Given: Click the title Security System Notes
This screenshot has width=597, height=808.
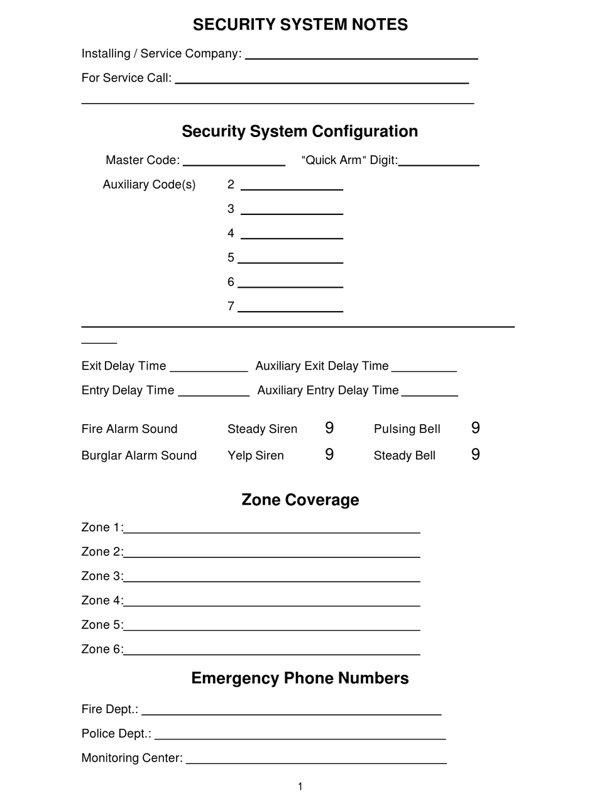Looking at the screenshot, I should coord(300,25).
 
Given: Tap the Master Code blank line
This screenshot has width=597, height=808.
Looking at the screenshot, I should coord(234,164).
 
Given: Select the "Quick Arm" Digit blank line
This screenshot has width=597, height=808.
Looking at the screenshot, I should coord(439,164).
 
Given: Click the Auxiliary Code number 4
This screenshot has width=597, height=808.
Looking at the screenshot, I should coord(231,233).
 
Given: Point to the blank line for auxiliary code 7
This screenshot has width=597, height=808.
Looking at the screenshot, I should coord(290,310).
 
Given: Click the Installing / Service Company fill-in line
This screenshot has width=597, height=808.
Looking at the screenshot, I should coord(361,57).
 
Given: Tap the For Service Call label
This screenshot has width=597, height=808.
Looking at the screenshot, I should coord(126,78).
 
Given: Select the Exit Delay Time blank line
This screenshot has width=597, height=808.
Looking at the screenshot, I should coord(209,370).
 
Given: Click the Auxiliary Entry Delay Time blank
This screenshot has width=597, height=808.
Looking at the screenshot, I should coord(429,395).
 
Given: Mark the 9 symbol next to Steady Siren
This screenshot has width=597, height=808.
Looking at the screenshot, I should coord(329,428).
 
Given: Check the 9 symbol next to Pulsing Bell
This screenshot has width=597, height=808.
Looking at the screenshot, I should coord(475,428).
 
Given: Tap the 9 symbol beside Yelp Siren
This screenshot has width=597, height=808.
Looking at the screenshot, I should coord(329,454).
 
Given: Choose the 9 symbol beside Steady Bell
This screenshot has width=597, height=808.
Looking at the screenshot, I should coord(475,454).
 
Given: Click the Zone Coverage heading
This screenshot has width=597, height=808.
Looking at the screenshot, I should coord(300,500).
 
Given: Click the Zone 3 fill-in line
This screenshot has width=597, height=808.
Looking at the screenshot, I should coord(271,581).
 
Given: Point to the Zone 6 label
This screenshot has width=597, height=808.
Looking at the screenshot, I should coord(102,649).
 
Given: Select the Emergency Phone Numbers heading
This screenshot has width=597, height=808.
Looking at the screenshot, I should coord(300,678).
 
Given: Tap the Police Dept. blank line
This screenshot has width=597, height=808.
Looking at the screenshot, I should coord(300,738).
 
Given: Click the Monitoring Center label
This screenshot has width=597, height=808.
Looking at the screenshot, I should coord(132,758).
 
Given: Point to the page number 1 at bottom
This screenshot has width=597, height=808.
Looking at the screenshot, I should coord(300,787).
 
